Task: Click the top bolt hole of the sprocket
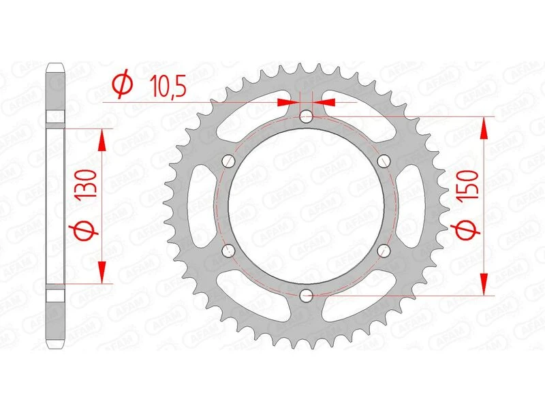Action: coord(306,116)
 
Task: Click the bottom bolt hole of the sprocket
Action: coord(306,295)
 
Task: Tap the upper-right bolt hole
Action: coord(384,161)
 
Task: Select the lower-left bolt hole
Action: coord(228,251)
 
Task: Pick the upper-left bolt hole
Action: coord(228,161)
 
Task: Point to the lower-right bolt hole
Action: coord(384,251)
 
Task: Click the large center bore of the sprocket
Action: coord(306,206)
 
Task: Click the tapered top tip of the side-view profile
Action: coord(55,69)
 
